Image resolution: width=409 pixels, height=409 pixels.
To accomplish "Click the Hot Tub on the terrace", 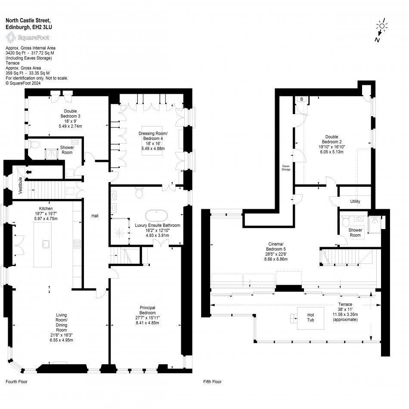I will point(310,318).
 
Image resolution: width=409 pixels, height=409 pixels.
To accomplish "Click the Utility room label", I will point(355,201).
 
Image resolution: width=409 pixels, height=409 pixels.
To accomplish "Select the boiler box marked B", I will point(301,99).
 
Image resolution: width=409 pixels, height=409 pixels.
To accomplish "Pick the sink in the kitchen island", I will point(46,244).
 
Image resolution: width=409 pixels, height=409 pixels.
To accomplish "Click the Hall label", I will point(95,216).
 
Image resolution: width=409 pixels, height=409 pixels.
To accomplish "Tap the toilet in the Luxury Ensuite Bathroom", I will point(139,194).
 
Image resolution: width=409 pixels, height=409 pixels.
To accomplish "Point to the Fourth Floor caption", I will point(17,381).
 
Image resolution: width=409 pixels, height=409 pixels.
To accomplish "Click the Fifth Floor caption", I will point(212,381).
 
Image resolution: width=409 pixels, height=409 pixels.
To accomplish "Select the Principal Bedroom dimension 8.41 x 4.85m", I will point(147,323).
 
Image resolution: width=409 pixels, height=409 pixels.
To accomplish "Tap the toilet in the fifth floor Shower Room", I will point(345,222).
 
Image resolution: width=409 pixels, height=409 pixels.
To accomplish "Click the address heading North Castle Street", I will point(28,20).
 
